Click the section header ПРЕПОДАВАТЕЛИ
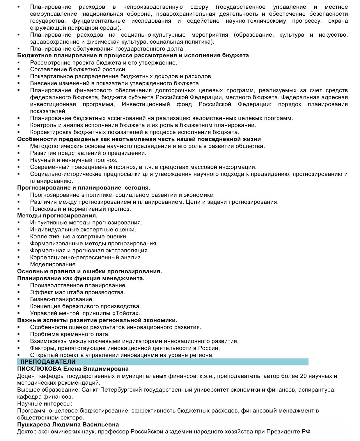(x=48, y=362)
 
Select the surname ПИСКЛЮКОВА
(x=39, y=369)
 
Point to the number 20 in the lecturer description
(x=304, y=376)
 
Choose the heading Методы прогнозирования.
(x=57, y=216)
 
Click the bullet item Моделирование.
(x=54, y=265)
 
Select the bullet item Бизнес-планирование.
(x=62, y=299)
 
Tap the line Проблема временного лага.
(x=70, y=334)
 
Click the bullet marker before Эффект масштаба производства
(x=19, y=292)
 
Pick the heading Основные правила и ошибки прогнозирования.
(x=89, y=272)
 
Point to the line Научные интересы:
(x=45, y=404)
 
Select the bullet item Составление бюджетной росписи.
(x=78, y=69)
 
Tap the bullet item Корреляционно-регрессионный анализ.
(x=86, y=258)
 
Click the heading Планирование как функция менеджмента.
(x=81, y=278)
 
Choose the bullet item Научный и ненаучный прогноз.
(x=74, y=160)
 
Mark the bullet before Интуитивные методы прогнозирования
(x=19, y=223)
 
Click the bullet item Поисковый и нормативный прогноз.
(x=81, y=209)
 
